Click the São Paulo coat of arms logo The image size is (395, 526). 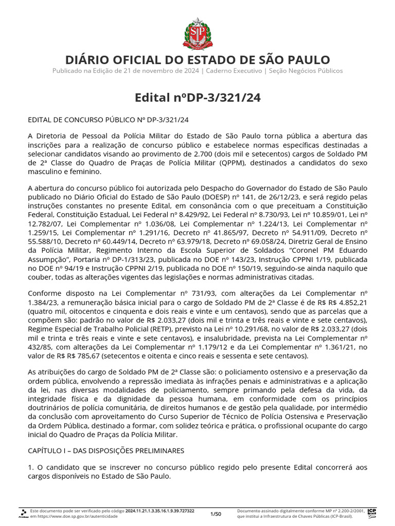(x=197, y=32)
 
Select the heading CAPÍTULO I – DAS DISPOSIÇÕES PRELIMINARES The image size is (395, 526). (x=105, y=450)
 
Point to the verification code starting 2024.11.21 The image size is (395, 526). (x=160, y=511)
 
